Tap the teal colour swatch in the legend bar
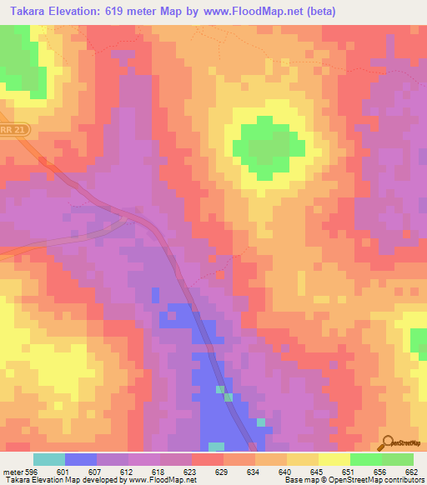click(49, 459)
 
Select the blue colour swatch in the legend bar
click(81, 459)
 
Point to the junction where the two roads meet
click(125, 217)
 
